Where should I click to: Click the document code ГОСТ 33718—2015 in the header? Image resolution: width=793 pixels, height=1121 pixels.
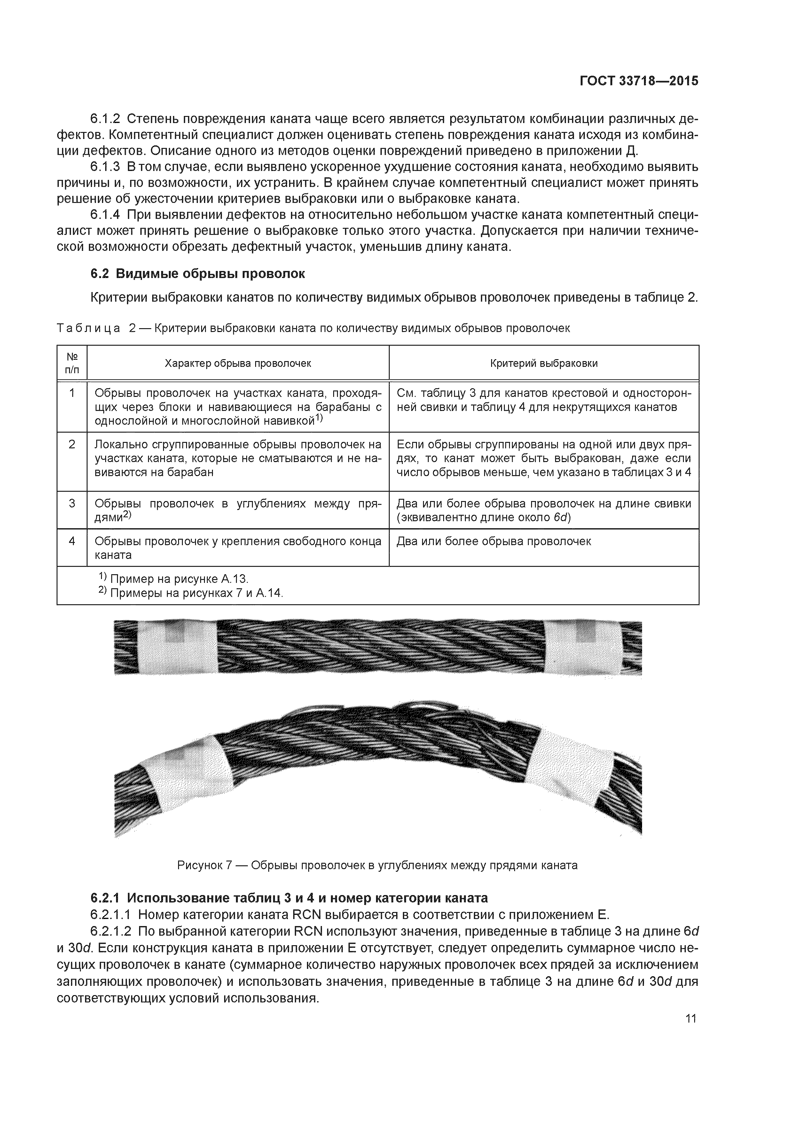639,81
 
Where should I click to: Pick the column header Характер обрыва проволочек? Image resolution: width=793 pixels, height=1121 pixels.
238,363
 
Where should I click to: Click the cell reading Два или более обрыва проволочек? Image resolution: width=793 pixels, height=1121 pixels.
493,541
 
